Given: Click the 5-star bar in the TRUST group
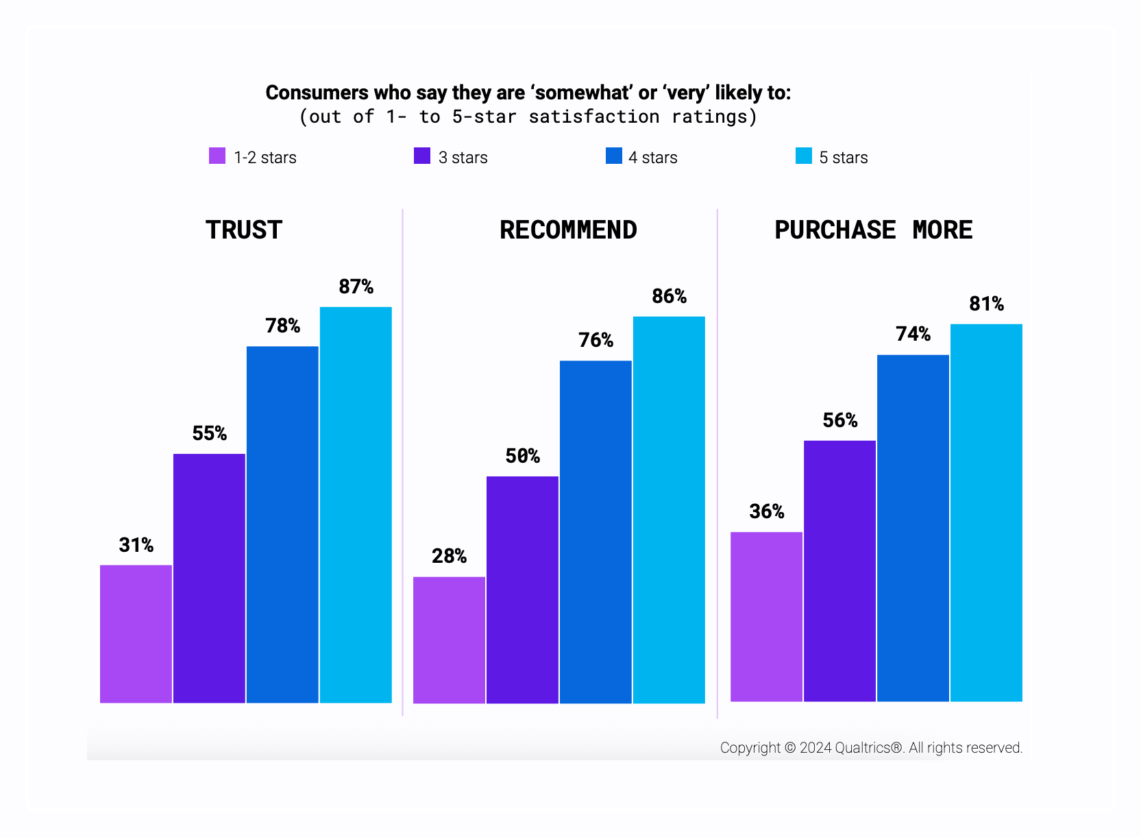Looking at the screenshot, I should [356, 505].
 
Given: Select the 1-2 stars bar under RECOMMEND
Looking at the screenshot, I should [449, 640].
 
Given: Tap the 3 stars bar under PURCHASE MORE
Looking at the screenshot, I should [839, 570].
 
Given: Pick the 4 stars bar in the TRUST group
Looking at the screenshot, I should [282, 524].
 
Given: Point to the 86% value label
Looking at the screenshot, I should [669, 296].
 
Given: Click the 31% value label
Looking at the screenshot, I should [136, 545].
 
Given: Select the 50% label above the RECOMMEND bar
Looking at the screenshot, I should [522, 456].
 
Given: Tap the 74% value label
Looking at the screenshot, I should [913, 334].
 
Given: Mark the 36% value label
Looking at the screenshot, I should [766, 511].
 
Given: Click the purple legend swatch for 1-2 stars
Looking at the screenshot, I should [217, 156].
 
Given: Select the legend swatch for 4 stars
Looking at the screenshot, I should [614, 156].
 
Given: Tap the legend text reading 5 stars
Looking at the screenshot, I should [843, 158].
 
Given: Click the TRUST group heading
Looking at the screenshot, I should [244, 230].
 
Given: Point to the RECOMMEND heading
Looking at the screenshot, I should [568, 230].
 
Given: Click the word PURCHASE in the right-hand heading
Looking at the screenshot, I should [835, 230].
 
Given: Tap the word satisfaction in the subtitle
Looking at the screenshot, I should [593, 117].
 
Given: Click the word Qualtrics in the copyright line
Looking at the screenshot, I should [868, 748].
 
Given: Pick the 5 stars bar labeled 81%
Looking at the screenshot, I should [986, 512].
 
